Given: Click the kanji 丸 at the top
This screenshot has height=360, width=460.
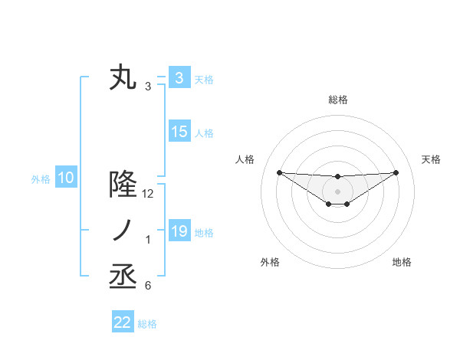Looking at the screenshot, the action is pos(123,78).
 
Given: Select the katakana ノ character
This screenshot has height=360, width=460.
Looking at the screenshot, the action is pos(123,231).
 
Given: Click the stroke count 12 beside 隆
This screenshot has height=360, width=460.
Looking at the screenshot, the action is pos(149,194).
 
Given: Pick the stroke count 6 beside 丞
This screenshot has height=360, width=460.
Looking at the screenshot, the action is pos(148,286).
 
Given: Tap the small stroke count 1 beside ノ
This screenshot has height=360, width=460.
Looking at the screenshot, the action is pos(148,241).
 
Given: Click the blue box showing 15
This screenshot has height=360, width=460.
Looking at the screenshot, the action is pos(179,132).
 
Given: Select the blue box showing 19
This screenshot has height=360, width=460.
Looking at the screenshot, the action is pos(179,231).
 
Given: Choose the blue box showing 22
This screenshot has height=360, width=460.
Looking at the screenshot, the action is pos(123,322).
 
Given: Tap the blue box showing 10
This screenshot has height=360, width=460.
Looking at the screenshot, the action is pos(66,178).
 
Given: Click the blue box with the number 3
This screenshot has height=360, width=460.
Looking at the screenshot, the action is pos(179,77).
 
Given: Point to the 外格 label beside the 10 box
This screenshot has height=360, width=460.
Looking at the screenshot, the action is pos(41,179).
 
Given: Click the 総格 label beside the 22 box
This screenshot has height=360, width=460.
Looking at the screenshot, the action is pos(148,324).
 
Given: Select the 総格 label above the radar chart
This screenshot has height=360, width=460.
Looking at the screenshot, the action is pos(337,100).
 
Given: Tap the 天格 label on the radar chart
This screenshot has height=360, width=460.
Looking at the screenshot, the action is pos(432,159).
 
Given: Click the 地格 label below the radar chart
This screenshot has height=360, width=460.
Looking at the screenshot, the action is pos(402,262).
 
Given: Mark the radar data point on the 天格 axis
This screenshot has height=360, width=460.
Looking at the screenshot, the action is pos(396,172).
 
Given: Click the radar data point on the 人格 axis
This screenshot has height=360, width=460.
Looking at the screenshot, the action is pos(279,172).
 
